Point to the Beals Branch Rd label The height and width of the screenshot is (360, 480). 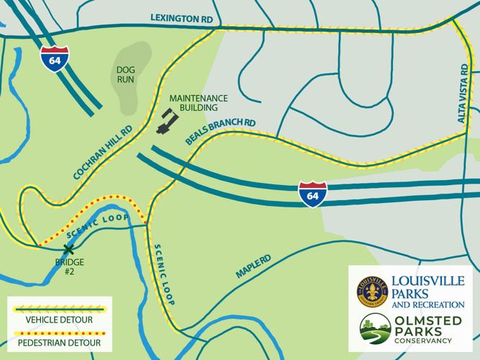tap(220, 129)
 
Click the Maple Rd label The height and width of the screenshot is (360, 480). tap(252, 267)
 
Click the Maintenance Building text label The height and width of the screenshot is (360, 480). tap(198, 102)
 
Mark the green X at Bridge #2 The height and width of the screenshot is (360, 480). tap(68, 249)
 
